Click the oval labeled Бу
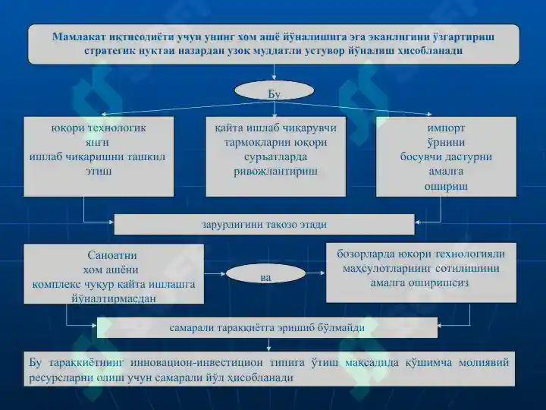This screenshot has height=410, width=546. point(275,91)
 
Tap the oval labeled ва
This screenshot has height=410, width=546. point(265,273)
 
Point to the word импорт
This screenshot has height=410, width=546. point(446,128)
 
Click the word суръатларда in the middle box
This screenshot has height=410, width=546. point(275,157)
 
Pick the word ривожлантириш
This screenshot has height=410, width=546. point(275,171)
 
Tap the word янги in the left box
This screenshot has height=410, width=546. point(97,143)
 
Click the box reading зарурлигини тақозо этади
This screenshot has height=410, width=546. point(265,224)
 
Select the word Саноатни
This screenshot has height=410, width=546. point(112,255)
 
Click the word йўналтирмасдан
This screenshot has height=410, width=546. point(114,299)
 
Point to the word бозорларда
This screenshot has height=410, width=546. point(366,254)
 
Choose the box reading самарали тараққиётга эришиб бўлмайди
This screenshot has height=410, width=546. point(267,327)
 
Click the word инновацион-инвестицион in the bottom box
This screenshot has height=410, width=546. point(196,363)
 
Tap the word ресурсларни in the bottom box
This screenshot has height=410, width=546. point(56,377)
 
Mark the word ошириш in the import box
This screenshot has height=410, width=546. point(446,187)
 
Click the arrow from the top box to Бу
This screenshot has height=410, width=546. point(275,72)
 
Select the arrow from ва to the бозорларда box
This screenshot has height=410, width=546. point(315,273)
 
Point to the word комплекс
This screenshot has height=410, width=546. point(56,285)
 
